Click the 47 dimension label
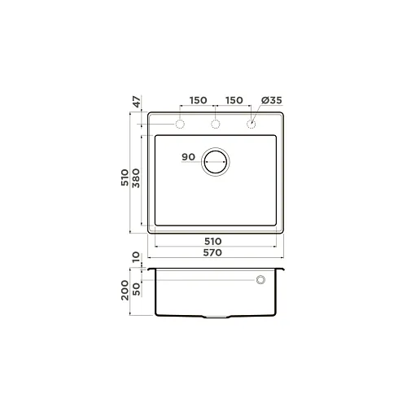point(138,102)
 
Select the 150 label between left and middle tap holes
point(198,100)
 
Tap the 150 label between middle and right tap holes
point(234,100)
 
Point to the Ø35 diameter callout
point(272,100)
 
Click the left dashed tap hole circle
point(180,120)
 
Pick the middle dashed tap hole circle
point(216,120)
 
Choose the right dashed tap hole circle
point(252,120)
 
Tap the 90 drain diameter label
point(188,157)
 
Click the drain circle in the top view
point(216,149)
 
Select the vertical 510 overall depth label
point(125,177)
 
